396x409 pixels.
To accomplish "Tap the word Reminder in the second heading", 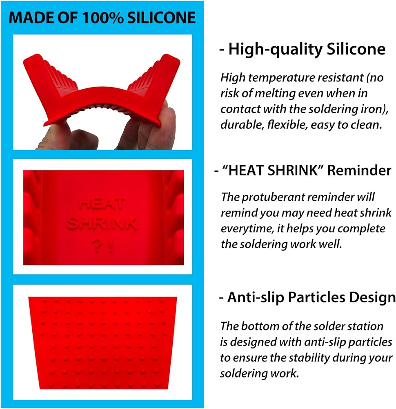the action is [x=359, y=170].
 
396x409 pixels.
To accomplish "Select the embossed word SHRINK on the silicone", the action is [x=102, y=224].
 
